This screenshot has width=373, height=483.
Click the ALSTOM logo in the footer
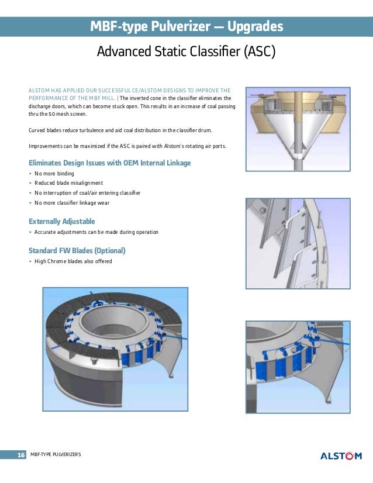(x=341, y=456)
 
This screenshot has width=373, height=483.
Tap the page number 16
(x=21, y=456)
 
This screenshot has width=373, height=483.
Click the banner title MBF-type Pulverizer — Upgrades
(x=186, y=27)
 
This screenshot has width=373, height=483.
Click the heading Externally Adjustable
(x=61, y=221)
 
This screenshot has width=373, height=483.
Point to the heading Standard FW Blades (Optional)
(x=77, y=250)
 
